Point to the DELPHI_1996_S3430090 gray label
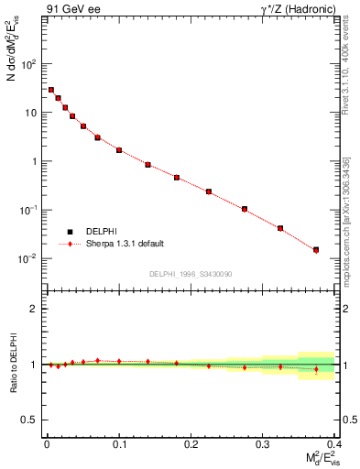(x=190, y=274)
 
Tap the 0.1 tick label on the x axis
(x=119, y=444)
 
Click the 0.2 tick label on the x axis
(x=191, y=444)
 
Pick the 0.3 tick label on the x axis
(x=263, y=444)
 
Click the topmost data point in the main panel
(x=51, y=90)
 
